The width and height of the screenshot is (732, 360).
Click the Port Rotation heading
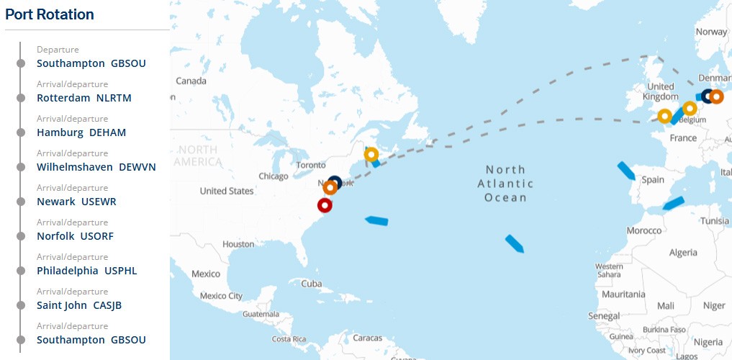click(x=50, y=14)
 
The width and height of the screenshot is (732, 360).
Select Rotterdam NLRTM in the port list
click(x=84, y=98)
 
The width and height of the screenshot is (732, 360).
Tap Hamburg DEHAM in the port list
click(x=81, y=132)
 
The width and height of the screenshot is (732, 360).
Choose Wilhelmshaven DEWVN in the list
click(x=96, y=167)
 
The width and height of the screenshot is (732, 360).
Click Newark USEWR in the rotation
click(x=76, y=202)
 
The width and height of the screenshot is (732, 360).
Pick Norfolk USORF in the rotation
click(x=75, y=236)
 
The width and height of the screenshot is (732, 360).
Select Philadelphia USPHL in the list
click(x=86, y=271)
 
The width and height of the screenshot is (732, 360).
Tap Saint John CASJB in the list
click(x=79, y=305)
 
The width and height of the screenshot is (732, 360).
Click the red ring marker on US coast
click(x=325, y=205)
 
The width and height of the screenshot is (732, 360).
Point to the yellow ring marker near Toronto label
click(x=371, y=154)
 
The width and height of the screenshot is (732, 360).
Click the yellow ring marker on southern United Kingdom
click(x=665, y=116)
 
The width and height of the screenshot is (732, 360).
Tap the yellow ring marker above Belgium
click(x=690, y=109)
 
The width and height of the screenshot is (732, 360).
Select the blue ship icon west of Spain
click(x=626, y=171)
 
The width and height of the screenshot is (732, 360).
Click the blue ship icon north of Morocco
click(x=674, y=203)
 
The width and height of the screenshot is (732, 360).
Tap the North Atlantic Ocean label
click(x=505, y=184)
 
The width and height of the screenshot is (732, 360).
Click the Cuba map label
click(x=312, y=284)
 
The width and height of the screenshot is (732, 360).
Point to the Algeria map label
click(x=683, y=253)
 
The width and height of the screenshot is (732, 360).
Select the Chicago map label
click(x=273, y=176)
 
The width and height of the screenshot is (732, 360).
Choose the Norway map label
click(x=711, y=32)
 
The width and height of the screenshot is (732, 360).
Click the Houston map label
click(x=238, y=244)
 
